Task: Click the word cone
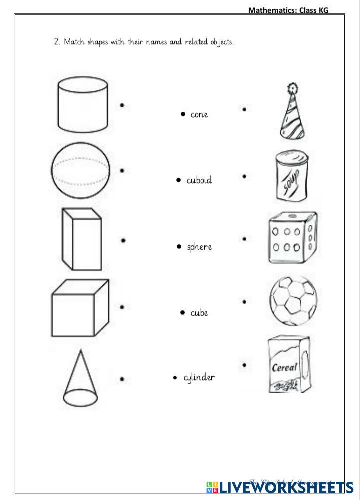[199, 115]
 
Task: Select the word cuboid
[199, 180]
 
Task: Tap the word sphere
[199, 247]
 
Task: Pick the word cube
[199, 313]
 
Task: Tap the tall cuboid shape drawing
[81, 239]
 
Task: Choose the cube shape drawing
[80, 308]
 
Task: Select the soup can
[291, 177]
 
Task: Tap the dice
[292, 237]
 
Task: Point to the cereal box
[288, 364]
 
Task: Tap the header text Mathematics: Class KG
[288, 10]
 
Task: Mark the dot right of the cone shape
[122, 380]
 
